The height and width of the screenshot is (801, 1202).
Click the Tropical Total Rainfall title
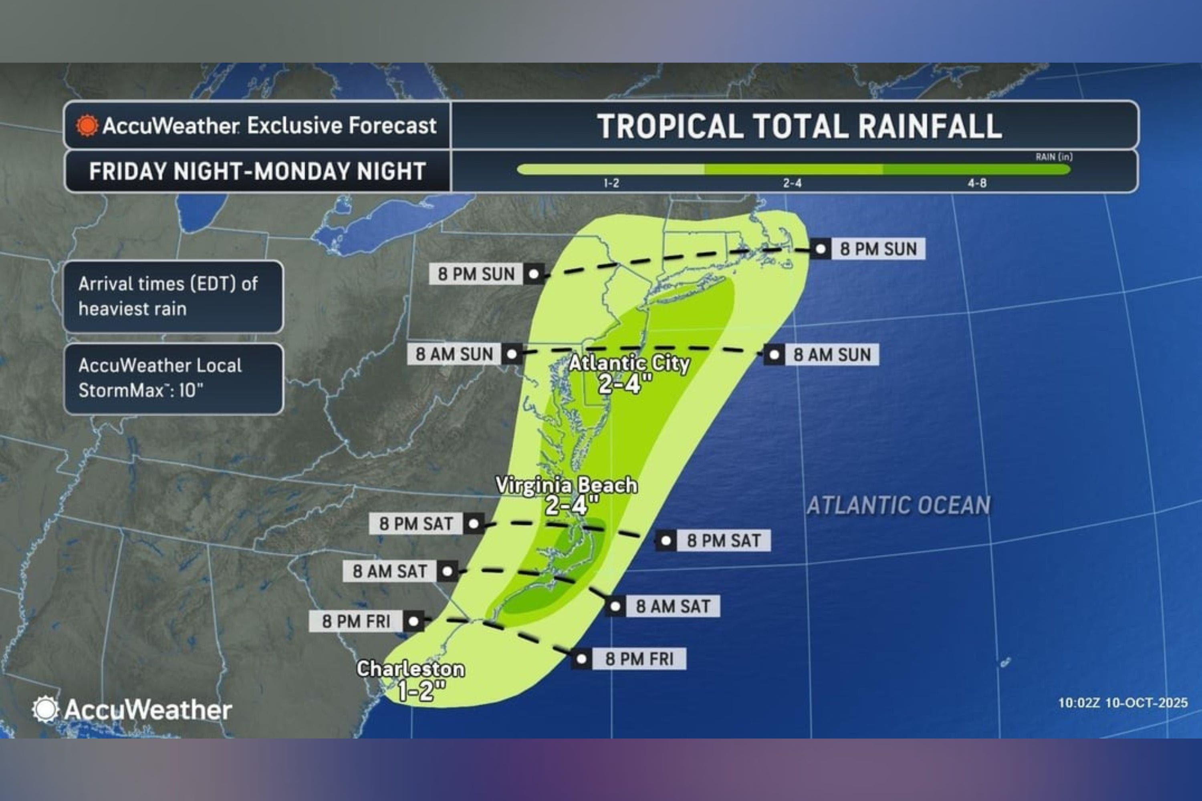coord(799,126)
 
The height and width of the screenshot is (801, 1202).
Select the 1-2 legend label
coord(611,183)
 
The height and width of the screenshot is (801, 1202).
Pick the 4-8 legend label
coord(977,183)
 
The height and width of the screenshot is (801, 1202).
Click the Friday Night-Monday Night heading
coord(258,171)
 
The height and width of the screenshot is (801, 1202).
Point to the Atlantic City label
coord(629,363)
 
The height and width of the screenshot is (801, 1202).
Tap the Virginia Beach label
coord(566,485)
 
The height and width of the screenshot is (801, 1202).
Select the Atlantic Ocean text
coord(898,505)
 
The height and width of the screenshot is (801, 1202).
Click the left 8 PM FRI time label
coord(356,621)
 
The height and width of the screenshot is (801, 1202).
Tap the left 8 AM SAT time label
coord(390,571)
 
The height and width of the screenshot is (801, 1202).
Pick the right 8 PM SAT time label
coord(724,540)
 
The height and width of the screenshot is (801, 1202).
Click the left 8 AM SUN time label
coord(454,354)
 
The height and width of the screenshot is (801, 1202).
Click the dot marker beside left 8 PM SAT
coord(474,523)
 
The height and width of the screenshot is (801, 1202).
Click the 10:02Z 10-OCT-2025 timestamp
coord(1122,703)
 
